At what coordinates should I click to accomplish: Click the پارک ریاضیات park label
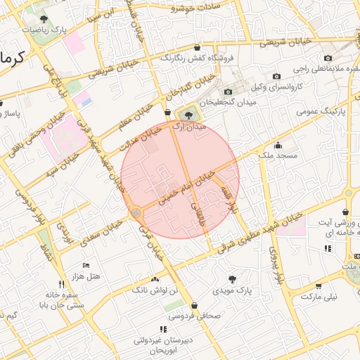pyautogui.click(x=44, y=30)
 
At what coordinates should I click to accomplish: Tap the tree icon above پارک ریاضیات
pyautogui.click(x=44, y=19)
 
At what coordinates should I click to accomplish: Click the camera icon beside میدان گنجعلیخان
pyautogui.click(x=227, y=92)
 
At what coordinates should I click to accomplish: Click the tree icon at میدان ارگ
pyautogui.click(x=188, y=115)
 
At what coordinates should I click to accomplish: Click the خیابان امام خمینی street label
pyautogui.click(x=182, y=185)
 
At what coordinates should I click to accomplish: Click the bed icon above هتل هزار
pyautogui.click(x=86, y=265)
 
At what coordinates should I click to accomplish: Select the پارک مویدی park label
pyautogui.click(x=233, y=290)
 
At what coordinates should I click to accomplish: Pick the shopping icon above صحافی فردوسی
pyautogui.click(x=194, y=305)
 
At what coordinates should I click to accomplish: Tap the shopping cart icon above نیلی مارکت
pyautogui.click(x=319, y=285)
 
